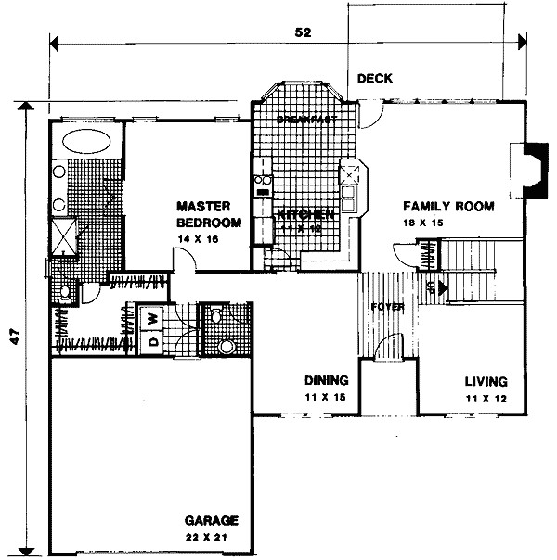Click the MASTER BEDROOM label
click(209, 214)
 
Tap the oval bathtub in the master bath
click(88, 145)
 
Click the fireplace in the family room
click(532, 170)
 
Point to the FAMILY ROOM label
click(447, 206)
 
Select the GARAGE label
click(211, 520)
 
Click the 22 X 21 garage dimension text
click(211, 537)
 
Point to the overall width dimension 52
click(302, 31)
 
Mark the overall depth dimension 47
click(15, 339)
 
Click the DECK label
click(375, 79)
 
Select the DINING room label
click(327, 380)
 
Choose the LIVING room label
click(486, 381)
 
